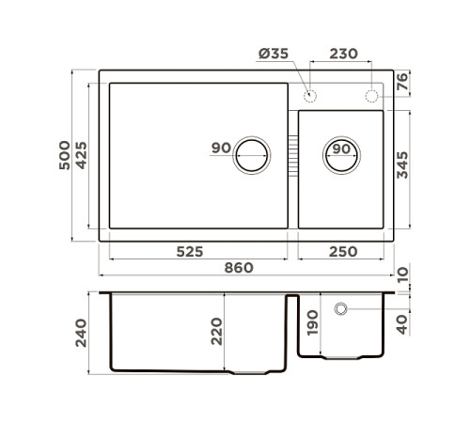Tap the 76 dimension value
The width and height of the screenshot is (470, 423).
click(x=403, y=83)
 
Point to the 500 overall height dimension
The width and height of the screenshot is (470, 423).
click(x=62, y=155)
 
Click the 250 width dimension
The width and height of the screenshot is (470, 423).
click(x=341, y=252)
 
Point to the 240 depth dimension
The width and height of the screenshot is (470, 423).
click(x=81, y=332)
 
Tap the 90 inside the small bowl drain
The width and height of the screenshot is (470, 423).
click(x=340, y=149)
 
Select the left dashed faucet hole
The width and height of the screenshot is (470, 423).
click(x=309, y=96)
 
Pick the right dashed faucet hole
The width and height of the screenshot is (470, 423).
click(x=371, y=96)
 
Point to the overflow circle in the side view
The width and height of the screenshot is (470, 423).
click(x=340, y=308)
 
